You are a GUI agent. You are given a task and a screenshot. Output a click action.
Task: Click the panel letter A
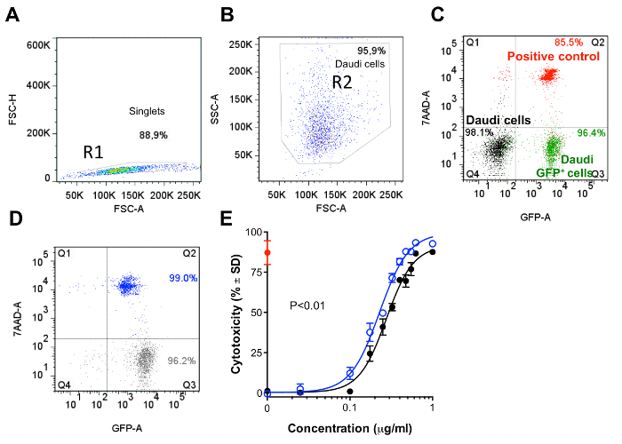[x=15, y=17]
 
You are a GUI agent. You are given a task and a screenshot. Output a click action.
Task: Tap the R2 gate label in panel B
[x=345, y=83]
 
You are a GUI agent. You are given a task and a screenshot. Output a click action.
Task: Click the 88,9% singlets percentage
[x=154, y=134]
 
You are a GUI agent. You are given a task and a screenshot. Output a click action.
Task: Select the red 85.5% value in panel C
[x=569, y=41]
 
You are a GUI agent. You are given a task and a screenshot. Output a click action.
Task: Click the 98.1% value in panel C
[x=454, y=131]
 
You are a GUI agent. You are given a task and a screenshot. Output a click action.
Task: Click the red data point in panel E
[x=267, y=253]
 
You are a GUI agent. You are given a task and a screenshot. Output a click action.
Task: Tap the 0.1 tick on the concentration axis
[x=349, y=407]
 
